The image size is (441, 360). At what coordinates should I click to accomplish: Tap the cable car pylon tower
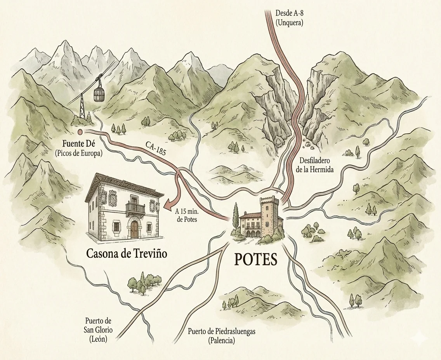coord(82,105)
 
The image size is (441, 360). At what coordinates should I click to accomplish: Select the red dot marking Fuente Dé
coord(80,132)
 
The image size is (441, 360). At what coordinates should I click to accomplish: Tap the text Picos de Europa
coord(78,153)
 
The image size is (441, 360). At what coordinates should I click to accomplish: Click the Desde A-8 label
coord(289,13)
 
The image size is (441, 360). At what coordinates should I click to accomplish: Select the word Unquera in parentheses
coord(289,22)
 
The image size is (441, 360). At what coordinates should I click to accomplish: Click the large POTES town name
coord(256,260)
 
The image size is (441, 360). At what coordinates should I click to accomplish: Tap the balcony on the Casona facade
coord(135,209)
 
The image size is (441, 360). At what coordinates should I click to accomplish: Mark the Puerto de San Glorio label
coord(98,330)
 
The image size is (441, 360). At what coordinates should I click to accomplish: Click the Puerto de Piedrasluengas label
coord(221,332)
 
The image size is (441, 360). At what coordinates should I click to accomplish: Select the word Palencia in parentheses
coord(221,341)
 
